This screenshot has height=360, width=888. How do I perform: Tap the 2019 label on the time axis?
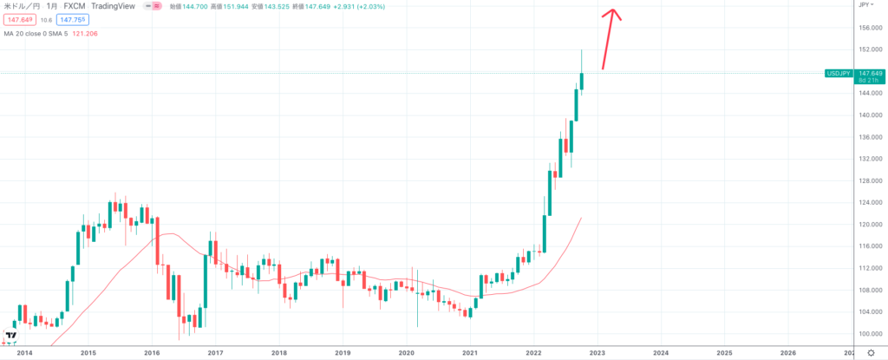(x=343, y=352)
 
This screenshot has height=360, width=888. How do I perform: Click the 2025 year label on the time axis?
(x=724, y=352)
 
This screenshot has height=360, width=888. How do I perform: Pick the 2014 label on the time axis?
(x=24, y=352)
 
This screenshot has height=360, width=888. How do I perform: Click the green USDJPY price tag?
(x=839, y=74)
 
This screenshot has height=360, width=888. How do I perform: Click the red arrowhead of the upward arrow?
(x=613, y=13)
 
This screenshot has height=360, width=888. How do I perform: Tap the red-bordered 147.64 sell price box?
(x=19, y=19)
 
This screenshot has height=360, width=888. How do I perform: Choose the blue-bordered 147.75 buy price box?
(x=71, y=19)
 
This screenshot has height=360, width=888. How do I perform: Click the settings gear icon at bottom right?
(x=870, y=352)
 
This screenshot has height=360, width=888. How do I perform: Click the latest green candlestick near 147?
(x=582, y=81)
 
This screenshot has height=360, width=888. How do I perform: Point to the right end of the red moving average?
(x=581, y=219)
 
